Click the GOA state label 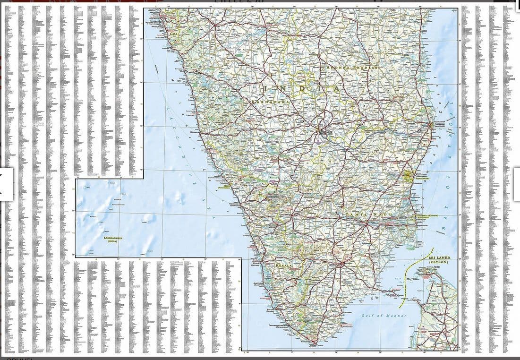pyautogui.click(x=175, y=34)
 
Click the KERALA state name pyautogui.click(x=284, y=266)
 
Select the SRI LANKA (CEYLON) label pyautogui.click(x=440, y=259)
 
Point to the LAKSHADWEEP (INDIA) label pyautogui.click(x=113, y=240)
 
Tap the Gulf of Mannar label pyautogui.click(x=384, y=316)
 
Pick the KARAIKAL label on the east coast pyautogui.click(x=428, y=216)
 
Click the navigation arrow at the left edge pyautogui.click(x=6, y=184)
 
